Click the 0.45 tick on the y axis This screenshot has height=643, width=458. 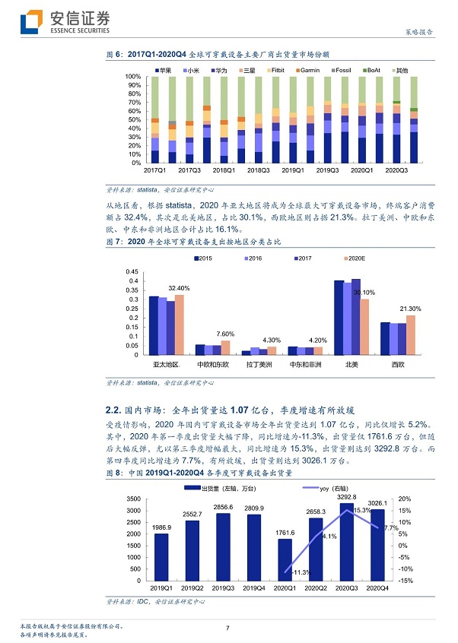131,271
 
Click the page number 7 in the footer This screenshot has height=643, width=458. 227,627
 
